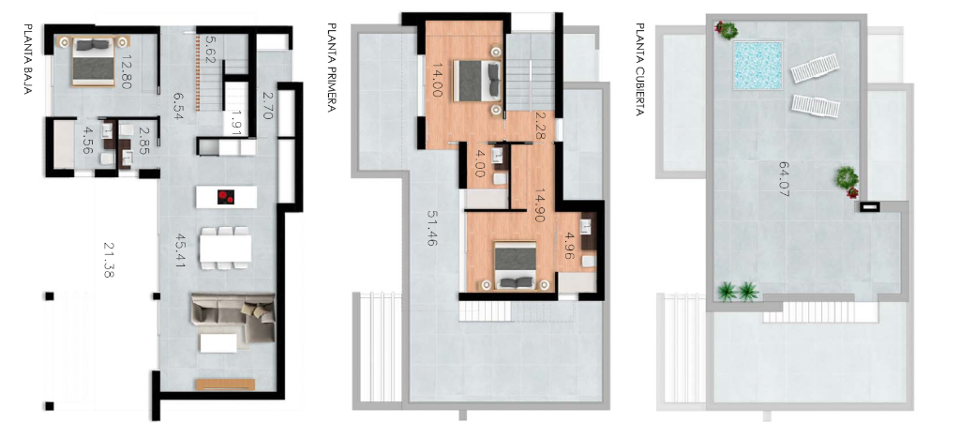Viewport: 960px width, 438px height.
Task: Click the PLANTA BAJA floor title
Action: click(x=28, y=59)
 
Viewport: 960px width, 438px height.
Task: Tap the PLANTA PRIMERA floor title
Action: click(x=332, y=68)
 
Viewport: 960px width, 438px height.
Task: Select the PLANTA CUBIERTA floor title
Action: click(x=639, y=69)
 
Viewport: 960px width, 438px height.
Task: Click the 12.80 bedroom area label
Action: click(x=127, y=72)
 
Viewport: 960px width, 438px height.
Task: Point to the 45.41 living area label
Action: click(x=180, y=250)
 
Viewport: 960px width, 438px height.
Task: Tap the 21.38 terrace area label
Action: click(x=109, y=260)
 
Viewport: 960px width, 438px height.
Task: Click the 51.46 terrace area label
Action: click(x=432, y=227)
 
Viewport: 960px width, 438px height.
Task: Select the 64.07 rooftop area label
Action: click(x=785, y=178)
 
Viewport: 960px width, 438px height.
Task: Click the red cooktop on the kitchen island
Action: click(x=226, y=197)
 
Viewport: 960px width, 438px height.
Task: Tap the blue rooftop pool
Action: click(x=757, y=66)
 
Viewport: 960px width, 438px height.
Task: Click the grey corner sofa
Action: click(x=233, y=317)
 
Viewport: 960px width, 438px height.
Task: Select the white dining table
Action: click(x=225, y=249)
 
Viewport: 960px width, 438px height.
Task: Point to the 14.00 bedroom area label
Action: click(x=438, y=81)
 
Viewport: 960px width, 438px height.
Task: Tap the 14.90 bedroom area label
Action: click(x=539, y=204)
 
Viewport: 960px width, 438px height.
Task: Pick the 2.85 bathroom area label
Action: click(x=144, y=140)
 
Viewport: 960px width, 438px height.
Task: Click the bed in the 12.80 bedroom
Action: click(x=94, y=61)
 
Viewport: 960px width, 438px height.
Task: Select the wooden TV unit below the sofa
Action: click(x=225, y=385)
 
